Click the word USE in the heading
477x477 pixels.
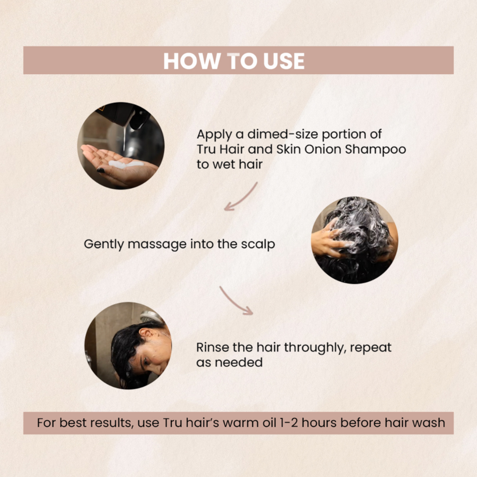[x=284, y=61]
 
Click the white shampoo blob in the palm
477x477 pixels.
[x=125, y=164]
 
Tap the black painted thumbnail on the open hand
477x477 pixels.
[x=101, y=170]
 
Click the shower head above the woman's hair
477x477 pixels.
[x=151, y=317]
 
